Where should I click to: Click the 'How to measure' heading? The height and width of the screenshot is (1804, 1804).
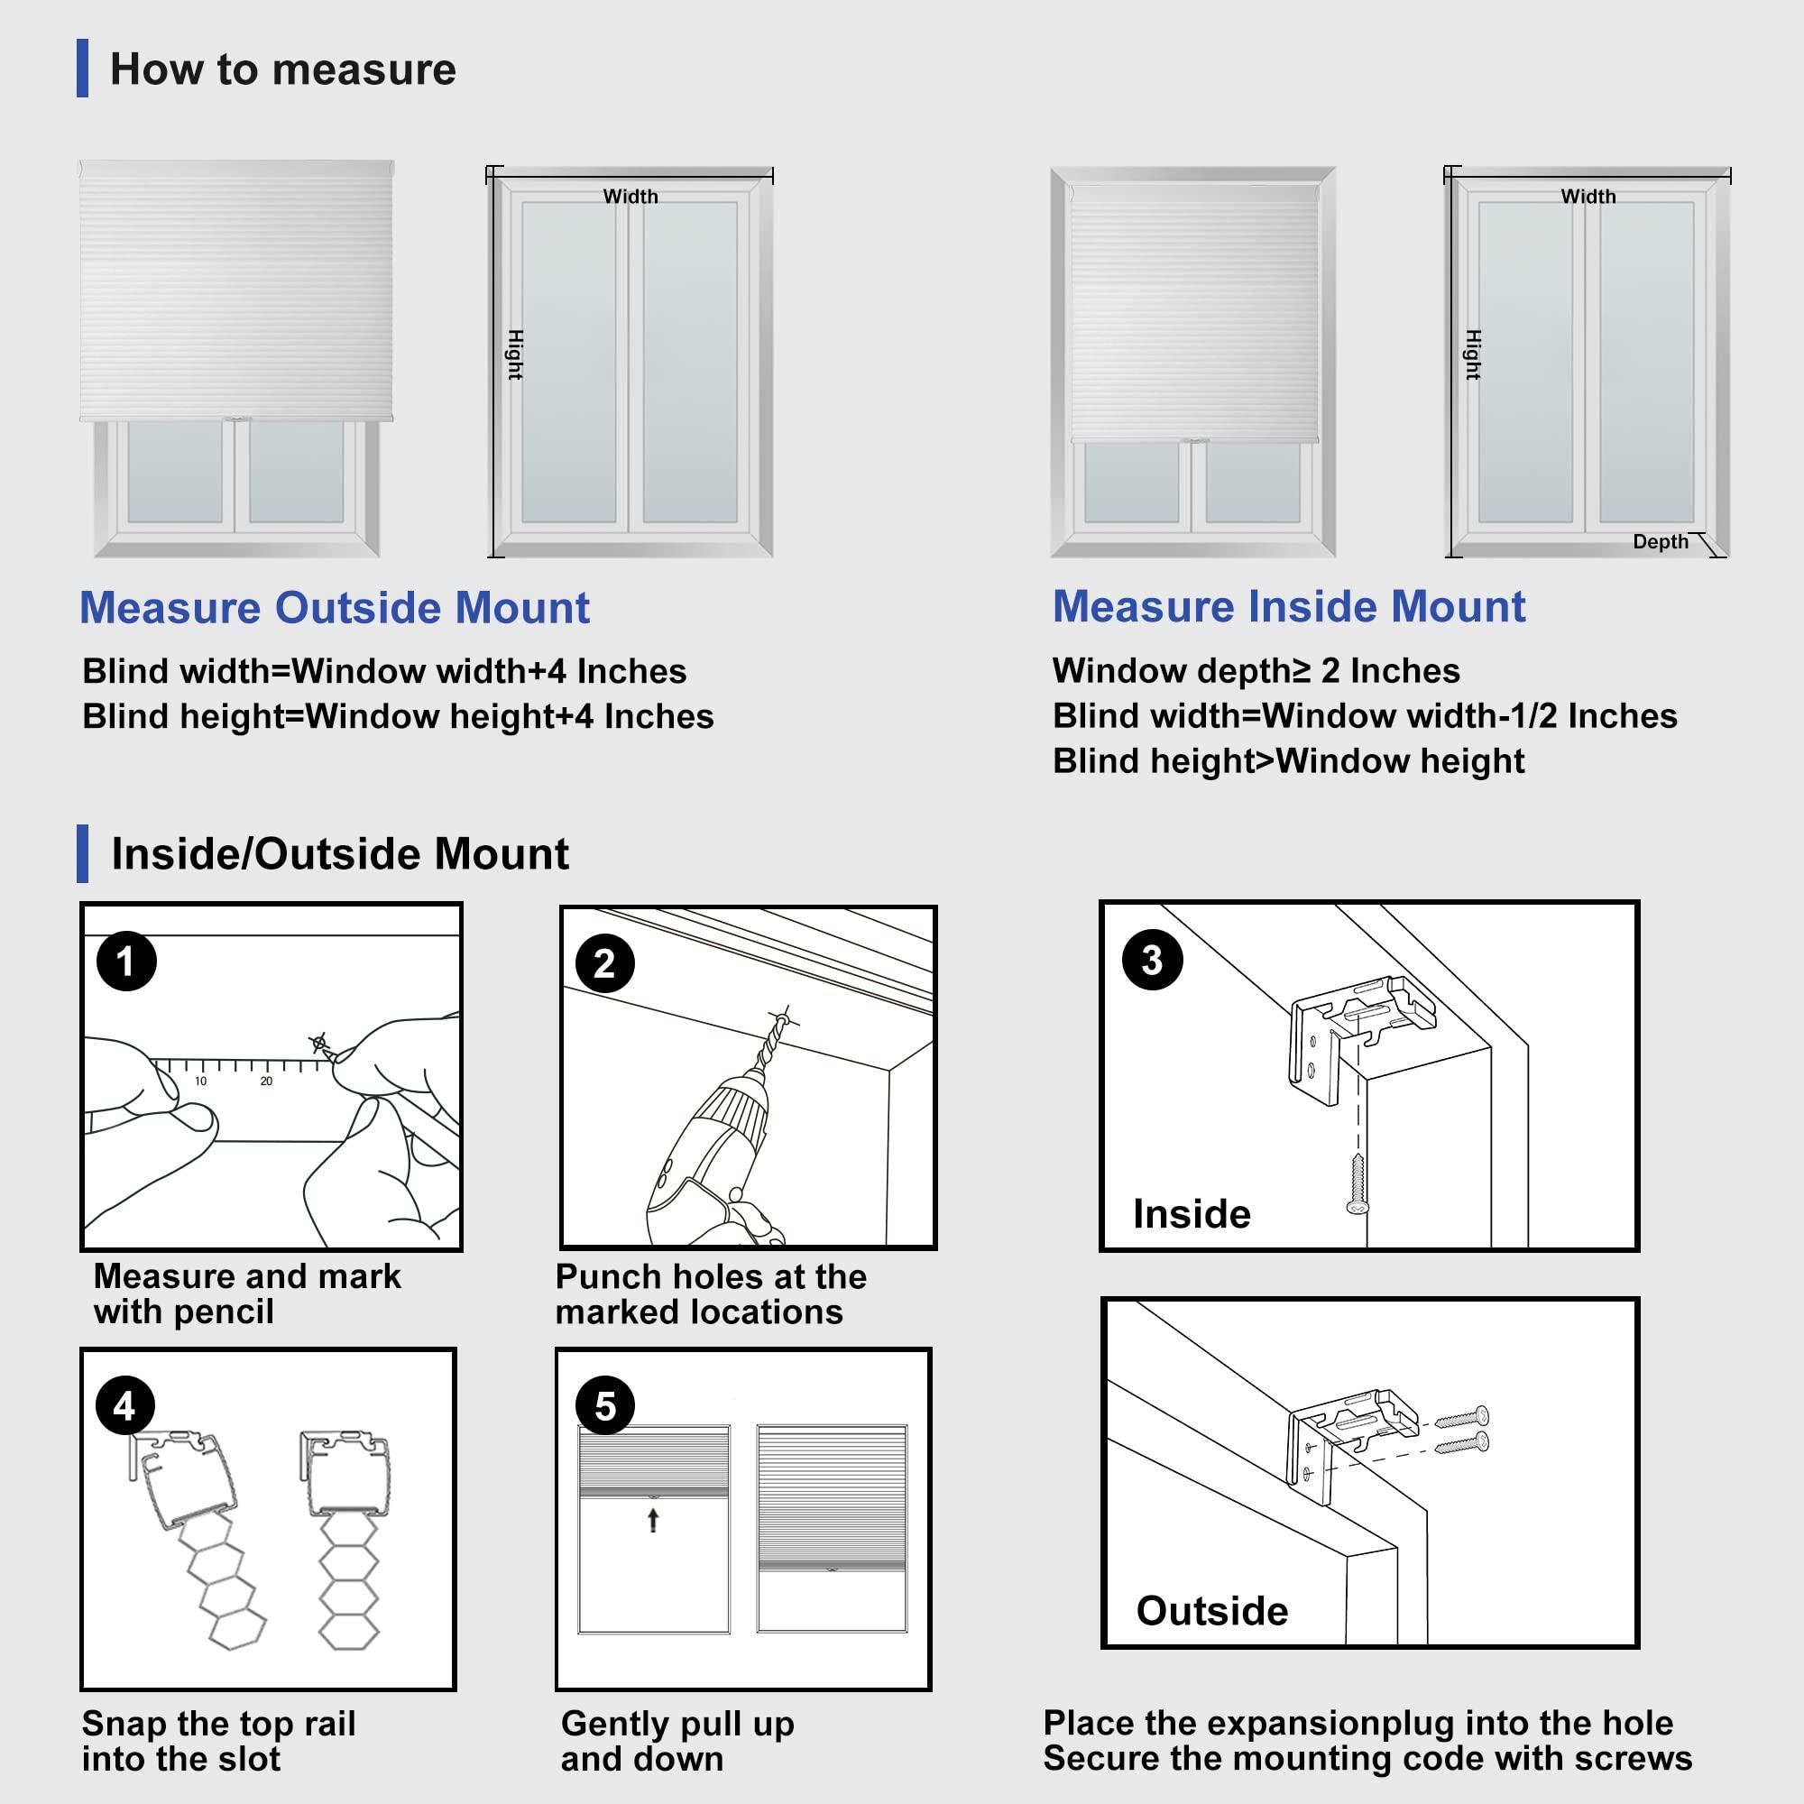282,69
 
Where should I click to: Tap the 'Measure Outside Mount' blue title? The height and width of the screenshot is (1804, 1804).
335,608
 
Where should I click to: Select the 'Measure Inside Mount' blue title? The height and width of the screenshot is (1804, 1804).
1289,607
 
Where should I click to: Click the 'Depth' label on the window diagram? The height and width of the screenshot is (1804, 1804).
1661,541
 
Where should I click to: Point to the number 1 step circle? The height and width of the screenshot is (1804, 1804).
126,961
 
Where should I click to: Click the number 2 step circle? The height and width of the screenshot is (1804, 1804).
605,962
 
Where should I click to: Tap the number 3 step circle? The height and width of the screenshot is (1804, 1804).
1151,960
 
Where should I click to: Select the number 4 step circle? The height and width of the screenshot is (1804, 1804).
125,1405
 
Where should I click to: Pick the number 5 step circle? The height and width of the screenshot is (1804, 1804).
605,1405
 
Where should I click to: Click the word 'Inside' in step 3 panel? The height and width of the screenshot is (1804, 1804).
1192,1214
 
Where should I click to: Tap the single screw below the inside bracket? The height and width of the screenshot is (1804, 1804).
1358,1184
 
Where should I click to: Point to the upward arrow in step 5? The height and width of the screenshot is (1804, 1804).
654,1520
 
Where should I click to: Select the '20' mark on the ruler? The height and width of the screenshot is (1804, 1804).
266,1081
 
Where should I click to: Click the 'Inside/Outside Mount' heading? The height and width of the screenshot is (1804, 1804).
340,853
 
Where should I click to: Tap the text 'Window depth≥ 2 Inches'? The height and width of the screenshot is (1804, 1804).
1256,670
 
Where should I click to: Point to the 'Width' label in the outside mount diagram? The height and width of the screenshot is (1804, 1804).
630,196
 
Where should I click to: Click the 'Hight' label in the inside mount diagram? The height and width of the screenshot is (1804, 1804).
1474,354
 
